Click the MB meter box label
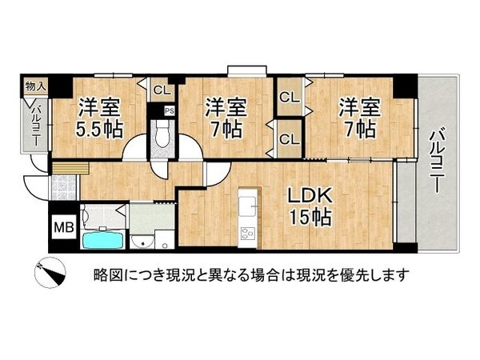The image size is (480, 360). [x=64, y=227]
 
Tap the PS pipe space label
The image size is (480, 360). [x=170, y=111]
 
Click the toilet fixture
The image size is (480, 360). [x=162, y=134]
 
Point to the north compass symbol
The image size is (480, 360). [x=50, y=272]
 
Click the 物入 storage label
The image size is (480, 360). [x=35, y=86]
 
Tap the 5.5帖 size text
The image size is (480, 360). [x=99, y=130]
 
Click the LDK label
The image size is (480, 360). [x=310, y=196]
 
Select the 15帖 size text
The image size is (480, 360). [x=310, y=217]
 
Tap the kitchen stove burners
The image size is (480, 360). [x=247, y=234]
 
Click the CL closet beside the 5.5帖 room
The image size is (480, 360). [x=162, y=90]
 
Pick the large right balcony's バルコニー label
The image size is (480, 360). [x=437, y=161]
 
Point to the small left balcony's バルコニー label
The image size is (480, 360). [x=36, y=125]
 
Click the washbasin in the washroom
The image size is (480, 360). [x=142, y=242]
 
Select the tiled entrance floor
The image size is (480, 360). [x=62, y=187]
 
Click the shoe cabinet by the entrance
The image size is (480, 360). [x=70, y=169]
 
